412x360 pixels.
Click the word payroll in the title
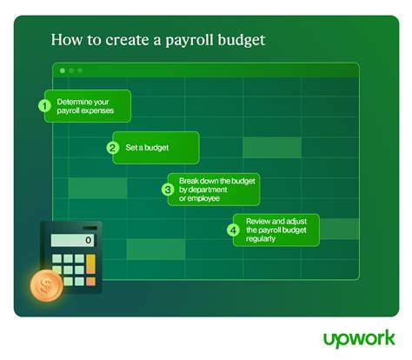[x=189, y=41]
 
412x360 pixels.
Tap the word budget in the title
[x=242, y=40]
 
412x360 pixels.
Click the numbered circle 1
[x=44, y=106]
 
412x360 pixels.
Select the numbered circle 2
[x=112, y=148]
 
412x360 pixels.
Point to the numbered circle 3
[x=168, y=190]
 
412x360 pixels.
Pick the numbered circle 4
[x=233, y=230]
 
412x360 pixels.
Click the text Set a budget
[x=147, y=148]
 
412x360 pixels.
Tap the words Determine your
[x=83, y=102]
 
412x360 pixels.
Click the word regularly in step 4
[x=261, y=239]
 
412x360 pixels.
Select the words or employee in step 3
[x=199, y=198]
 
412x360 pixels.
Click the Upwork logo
[x=359, y=339]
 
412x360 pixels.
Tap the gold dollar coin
[x=46, y=286]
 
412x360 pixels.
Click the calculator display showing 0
[x=72, y=240]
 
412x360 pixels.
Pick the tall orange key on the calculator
[x=90, y=263]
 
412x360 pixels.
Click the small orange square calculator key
[x=90, y=281]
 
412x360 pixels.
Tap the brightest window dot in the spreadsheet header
[x=63, y=70]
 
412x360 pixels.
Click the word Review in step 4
[x=256, y=222]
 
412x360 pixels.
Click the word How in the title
[x=67, y=40]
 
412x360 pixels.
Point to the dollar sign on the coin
[x=45, y=286]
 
